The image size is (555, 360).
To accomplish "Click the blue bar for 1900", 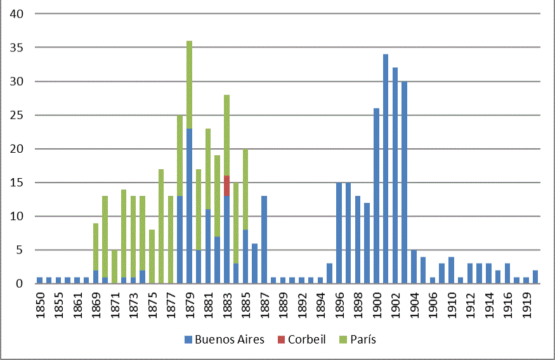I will pyautogui.click(x=376, y=196).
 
